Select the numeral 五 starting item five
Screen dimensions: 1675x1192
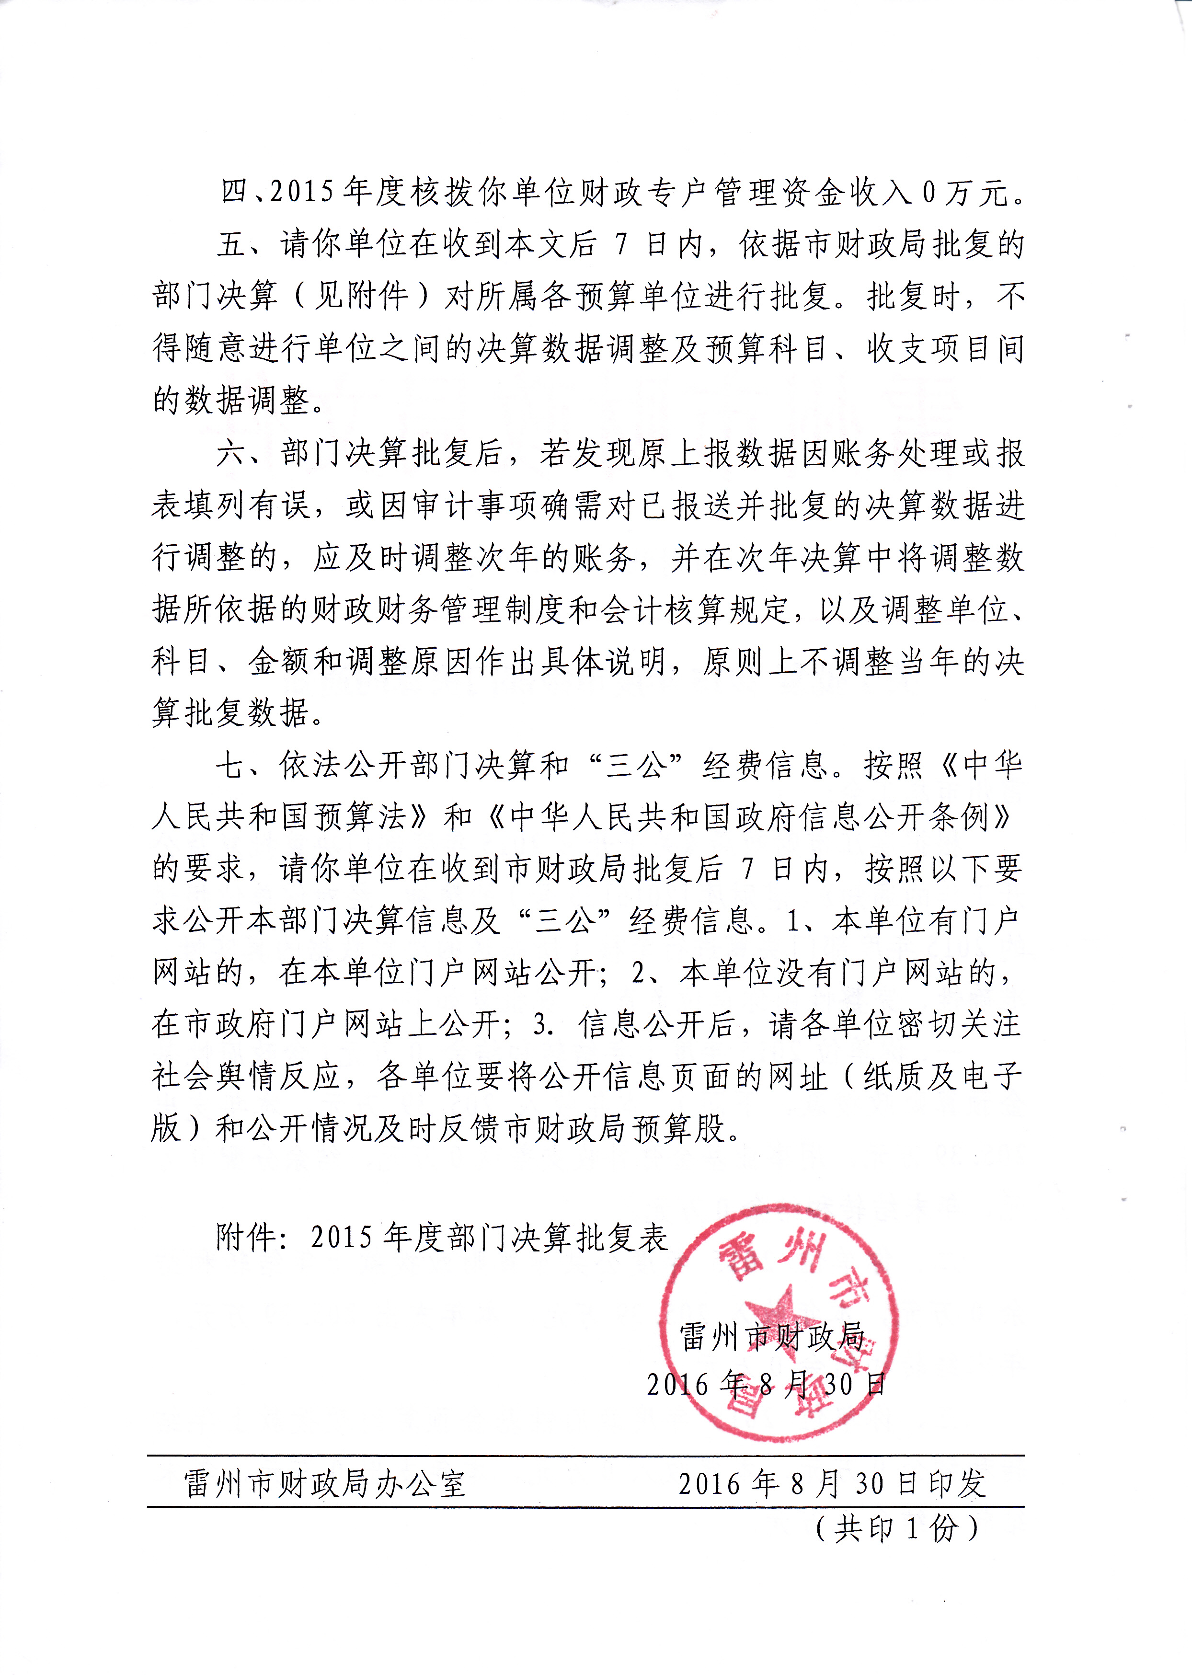click(231, 244)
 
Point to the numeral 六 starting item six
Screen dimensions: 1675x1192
click(231, 454)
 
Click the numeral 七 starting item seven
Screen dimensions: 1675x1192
click(231, 766)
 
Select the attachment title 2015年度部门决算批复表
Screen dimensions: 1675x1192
click(489, 1238)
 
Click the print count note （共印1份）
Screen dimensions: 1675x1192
click(896, 1529)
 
